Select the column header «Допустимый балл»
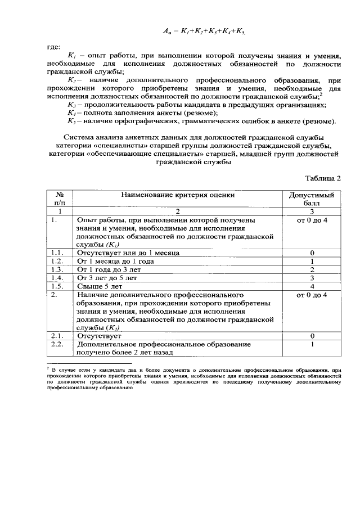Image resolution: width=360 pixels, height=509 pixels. pos(311,199)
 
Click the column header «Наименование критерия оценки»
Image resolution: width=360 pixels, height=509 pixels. pos(178,195)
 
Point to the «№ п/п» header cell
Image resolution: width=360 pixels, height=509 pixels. pos(59,199)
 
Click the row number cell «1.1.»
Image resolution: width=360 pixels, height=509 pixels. pos(56,253)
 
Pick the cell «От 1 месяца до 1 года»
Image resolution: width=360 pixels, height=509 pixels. pos(115,262)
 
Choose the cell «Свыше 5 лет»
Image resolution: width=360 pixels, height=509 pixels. pos(99,286)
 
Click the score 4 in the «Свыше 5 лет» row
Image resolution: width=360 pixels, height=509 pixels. pos(311,286)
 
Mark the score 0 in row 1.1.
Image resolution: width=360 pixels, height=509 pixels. pos(311,253)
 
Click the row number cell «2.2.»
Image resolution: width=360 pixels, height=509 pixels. pos(56,344)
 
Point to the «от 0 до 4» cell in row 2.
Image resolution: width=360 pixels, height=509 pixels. pos(311,294)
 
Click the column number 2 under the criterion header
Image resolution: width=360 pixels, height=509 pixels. pos(178,211)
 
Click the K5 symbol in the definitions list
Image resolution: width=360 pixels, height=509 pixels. pos(71,121)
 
